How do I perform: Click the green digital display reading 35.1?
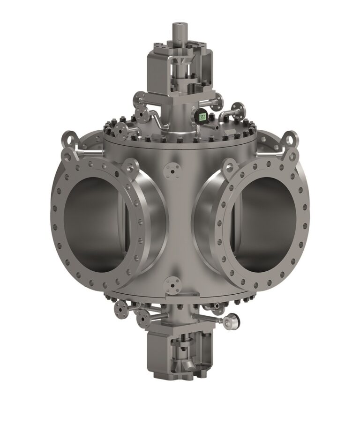click(202, 117)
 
